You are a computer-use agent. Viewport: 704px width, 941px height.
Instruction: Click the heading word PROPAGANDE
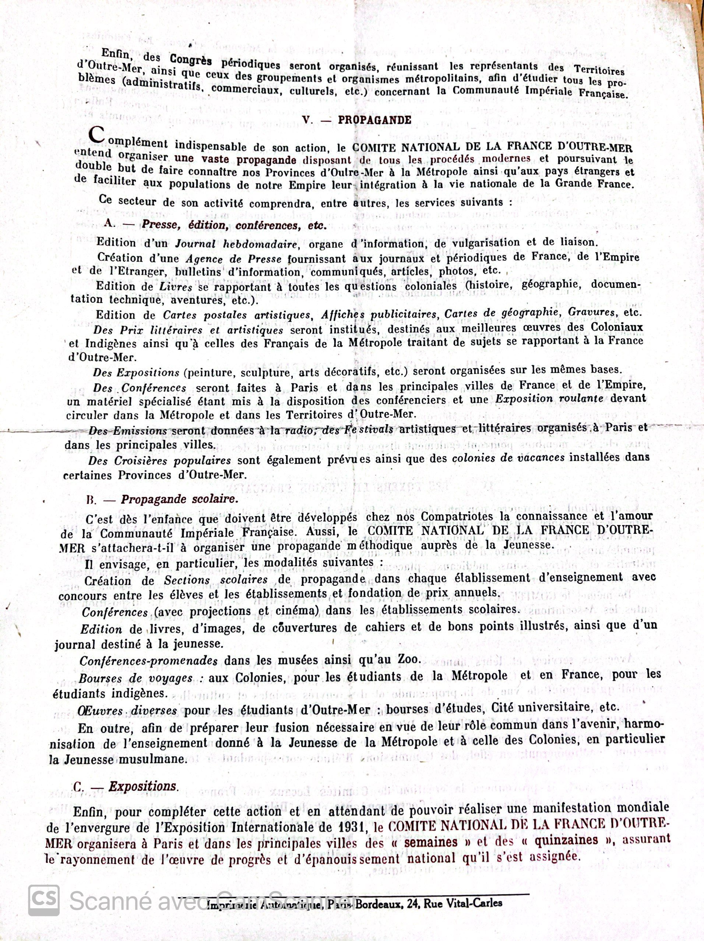[374, 120]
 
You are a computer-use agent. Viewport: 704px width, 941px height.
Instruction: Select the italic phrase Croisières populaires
[172, 461]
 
